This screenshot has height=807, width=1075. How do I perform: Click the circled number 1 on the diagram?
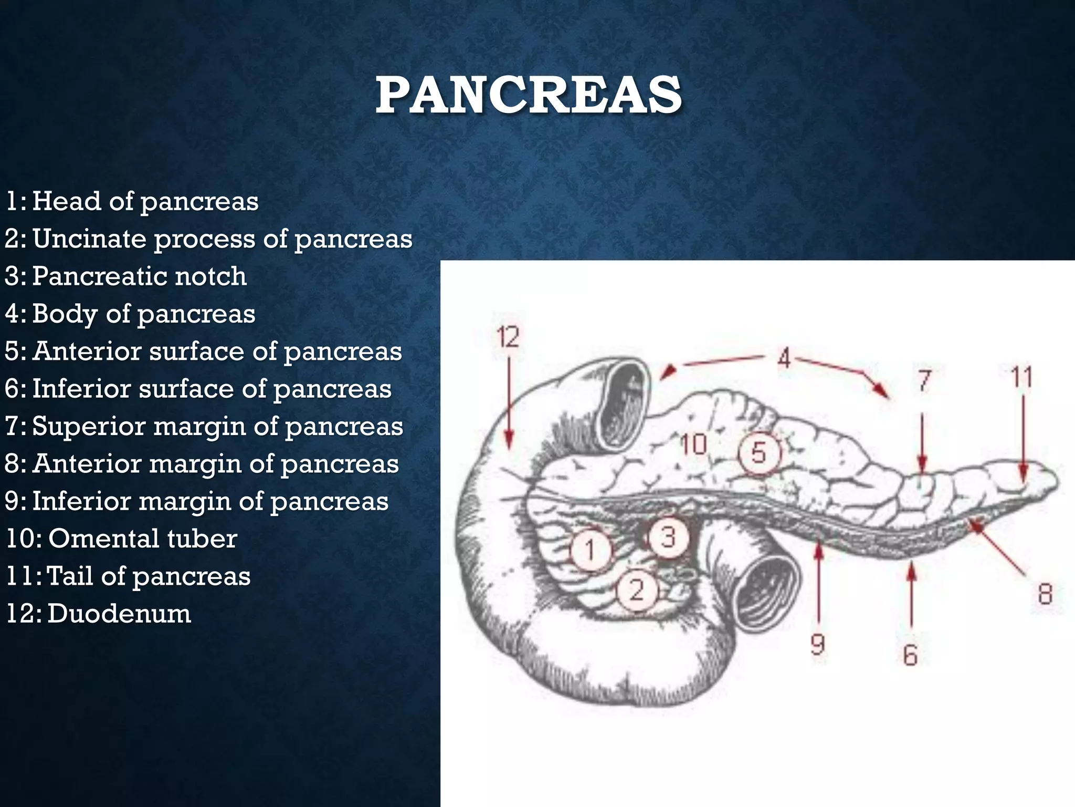pos(591,550)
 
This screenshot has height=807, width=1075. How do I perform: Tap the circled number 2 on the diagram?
pos(637,590)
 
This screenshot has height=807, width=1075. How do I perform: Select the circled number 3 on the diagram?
pos(668,537)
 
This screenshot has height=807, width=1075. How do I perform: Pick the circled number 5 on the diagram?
pos(759,453)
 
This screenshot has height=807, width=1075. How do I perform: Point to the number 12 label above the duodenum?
pos(508,337)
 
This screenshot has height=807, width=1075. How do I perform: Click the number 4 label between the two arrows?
pos(784,359)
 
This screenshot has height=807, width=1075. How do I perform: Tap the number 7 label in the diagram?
pos(924,380)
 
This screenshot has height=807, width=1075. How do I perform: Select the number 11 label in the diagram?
pos(1021,377)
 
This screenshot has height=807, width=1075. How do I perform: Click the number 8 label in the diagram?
pos(1045,594)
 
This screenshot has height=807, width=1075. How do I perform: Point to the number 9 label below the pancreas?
pos(818,644)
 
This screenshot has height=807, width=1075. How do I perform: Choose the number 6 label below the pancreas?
pos(910,655)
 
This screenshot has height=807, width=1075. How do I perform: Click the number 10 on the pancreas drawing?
pos(694,444)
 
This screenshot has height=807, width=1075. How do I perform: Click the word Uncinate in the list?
pos(90,239)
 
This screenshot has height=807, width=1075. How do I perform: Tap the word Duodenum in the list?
pos(119,614)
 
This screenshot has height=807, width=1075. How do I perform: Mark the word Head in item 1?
pos(67,202)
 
